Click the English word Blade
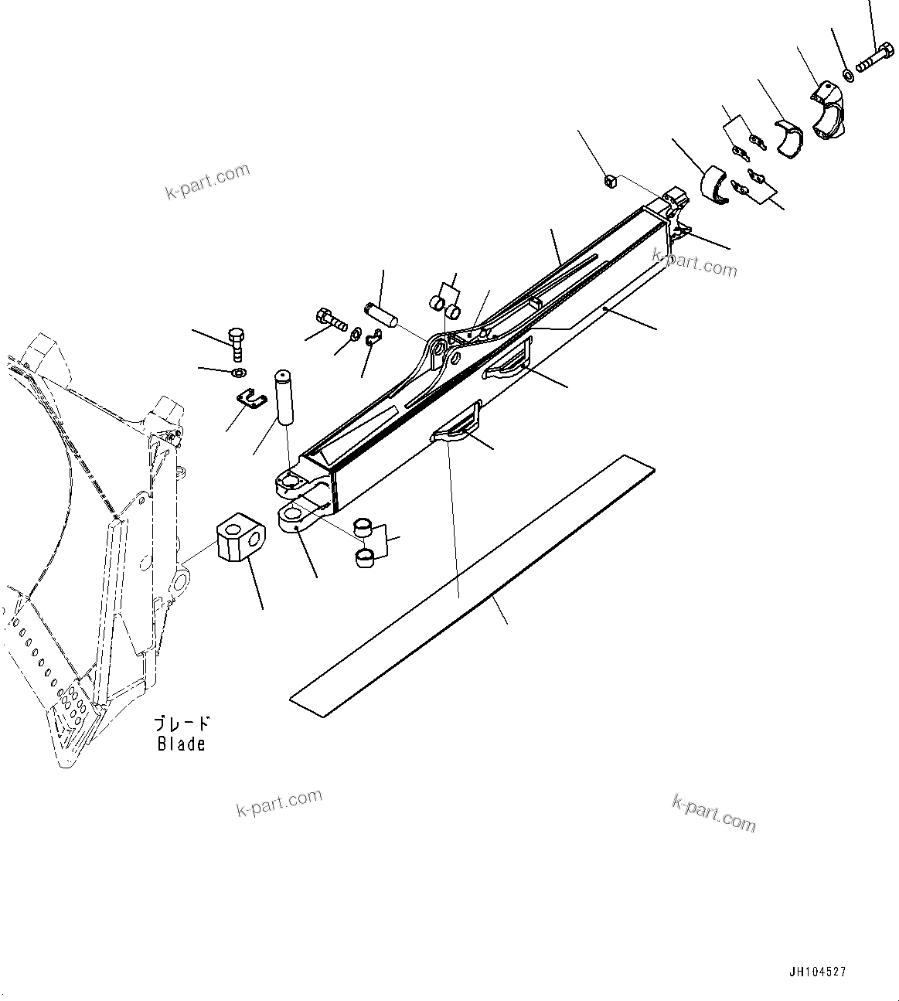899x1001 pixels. [x=182, y=744]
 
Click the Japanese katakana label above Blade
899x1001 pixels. [x=181, y=724]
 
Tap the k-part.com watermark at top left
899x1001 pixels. [x=208, y=181]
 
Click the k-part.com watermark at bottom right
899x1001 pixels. [x=713, y=813]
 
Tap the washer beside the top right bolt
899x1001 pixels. [x=848, y=75]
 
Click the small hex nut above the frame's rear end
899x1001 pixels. [x=610, y=182]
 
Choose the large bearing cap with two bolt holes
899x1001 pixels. [x=829, y=113]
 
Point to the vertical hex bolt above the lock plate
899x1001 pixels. [x=237, y=344]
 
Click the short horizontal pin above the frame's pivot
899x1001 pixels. [x=381, y=315]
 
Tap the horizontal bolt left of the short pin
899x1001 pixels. [x=331, y=318]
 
